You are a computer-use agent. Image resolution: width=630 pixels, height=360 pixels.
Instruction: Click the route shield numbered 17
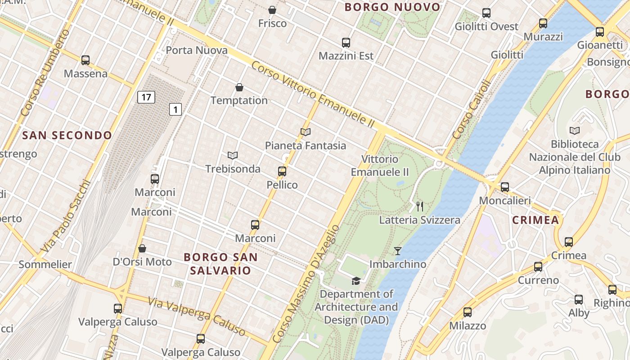tap(146, 97)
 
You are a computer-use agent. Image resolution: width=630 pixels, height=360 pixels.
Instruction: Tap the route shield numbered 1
tap(175, 109)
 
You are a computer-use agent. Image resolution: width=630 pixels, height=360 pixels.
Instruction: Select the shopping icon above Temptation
tap(239, 87)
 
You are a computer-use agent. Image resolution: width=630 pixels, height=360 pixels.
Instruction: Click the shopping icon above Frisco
tap(272, 10)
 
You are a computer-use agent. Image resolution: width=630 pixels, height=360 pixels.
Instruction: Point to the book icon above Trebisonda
tap(233, 156)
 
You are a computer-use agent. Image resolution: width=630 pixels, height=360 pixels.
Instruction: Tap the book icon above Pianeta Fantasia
tap(306, 132)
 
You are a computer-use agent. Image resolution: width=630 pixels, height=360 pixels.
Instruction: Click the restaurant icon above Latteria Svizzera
tap(420, 207)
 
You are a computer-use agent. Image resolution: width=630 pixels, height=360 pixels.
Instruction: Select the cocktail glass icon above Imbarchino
tap(398, 251)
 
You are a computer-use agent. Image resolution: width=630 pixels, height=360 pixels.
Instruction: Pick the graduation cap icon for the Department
tap(356, 281)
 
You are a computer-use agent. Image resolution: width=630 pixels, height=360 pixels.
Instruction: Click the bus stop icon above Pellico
tap(282, 171)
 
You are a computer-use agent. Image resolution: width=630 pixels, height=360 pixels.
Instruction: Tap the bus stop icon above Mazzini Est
tap(346, 43)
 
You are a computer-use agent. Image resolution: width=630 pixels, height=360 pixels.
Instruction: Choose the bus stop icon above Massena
tap(85, 60)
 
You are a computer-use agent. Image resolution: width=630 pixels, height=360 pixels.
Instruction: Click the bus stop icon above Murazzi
tap(543, 23)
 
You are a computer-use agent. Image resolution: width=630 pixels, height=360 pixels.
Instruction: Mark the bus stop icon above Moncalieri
tap(505, 187)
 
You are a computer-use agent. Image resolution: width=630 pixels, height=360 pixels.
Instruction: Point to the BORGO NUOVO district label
tap(392, 7)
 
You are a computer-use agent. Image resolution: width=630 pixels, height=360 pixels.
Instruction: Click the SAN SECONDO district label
tap(67, 135)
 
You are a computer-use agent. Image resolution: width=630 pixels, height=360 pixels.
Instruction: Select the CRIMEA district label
tap(535, 220)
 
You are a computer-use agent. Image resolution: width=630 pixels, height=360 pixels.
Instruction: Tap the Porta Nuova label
tap(197, 50)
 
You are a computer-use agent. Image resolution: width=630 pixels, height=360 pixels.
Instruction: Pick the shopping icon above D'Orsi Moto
tap(142, 248)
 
